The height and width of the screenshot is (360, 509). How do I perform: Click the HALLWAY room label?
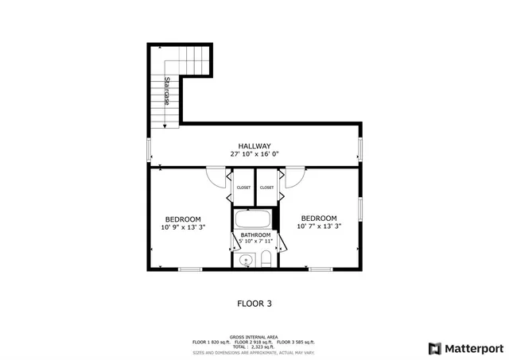pyautogui.click(x=254, y=145)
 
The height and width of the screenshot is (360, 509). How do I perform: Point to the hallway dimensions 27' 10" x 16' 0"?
pyautogui.click(x=254, y=154)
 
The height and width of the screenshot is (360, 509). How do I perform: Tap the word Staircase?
pyautogui.click(x=167, y=91)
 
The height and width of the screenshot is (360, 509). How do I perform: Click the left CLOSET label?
pyautogui.click(x=243, y=188)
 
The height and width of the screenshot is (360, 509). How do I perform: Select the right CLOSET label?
pyautogui.click(x=266, y=188)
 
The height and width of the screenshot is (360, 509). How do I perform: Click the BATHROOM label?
pyautogui.click(x=255, y=235)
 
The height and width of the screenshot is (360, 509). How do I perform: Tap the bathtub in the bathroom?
pyautogui.click(x=254, y=219)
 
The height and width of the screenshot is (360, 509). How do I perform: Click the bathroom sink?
pyautogui.click(x=246, y=259)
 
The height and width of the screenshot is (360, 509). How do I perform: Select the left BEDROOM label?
pyautogui.click(x=182, y=219)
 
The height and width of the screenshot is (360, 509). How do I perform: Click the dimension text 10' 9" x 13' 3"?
pyautogui.click(x=182, y=227)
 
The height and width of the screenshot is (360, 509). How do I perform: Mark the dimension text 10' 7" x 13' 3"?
pyautogui.click(x=318, y=226)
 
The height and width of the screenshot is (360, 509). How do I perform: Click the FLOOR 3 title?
pyautogui.click(x=254, y=302)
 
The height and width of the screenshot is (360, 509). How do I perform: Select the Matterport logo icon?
pyautogui.click(x=434, y=347)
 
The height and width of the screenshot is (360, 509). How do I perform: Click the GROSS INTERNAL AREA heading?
pyautogui.click(x=254, y=336)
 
